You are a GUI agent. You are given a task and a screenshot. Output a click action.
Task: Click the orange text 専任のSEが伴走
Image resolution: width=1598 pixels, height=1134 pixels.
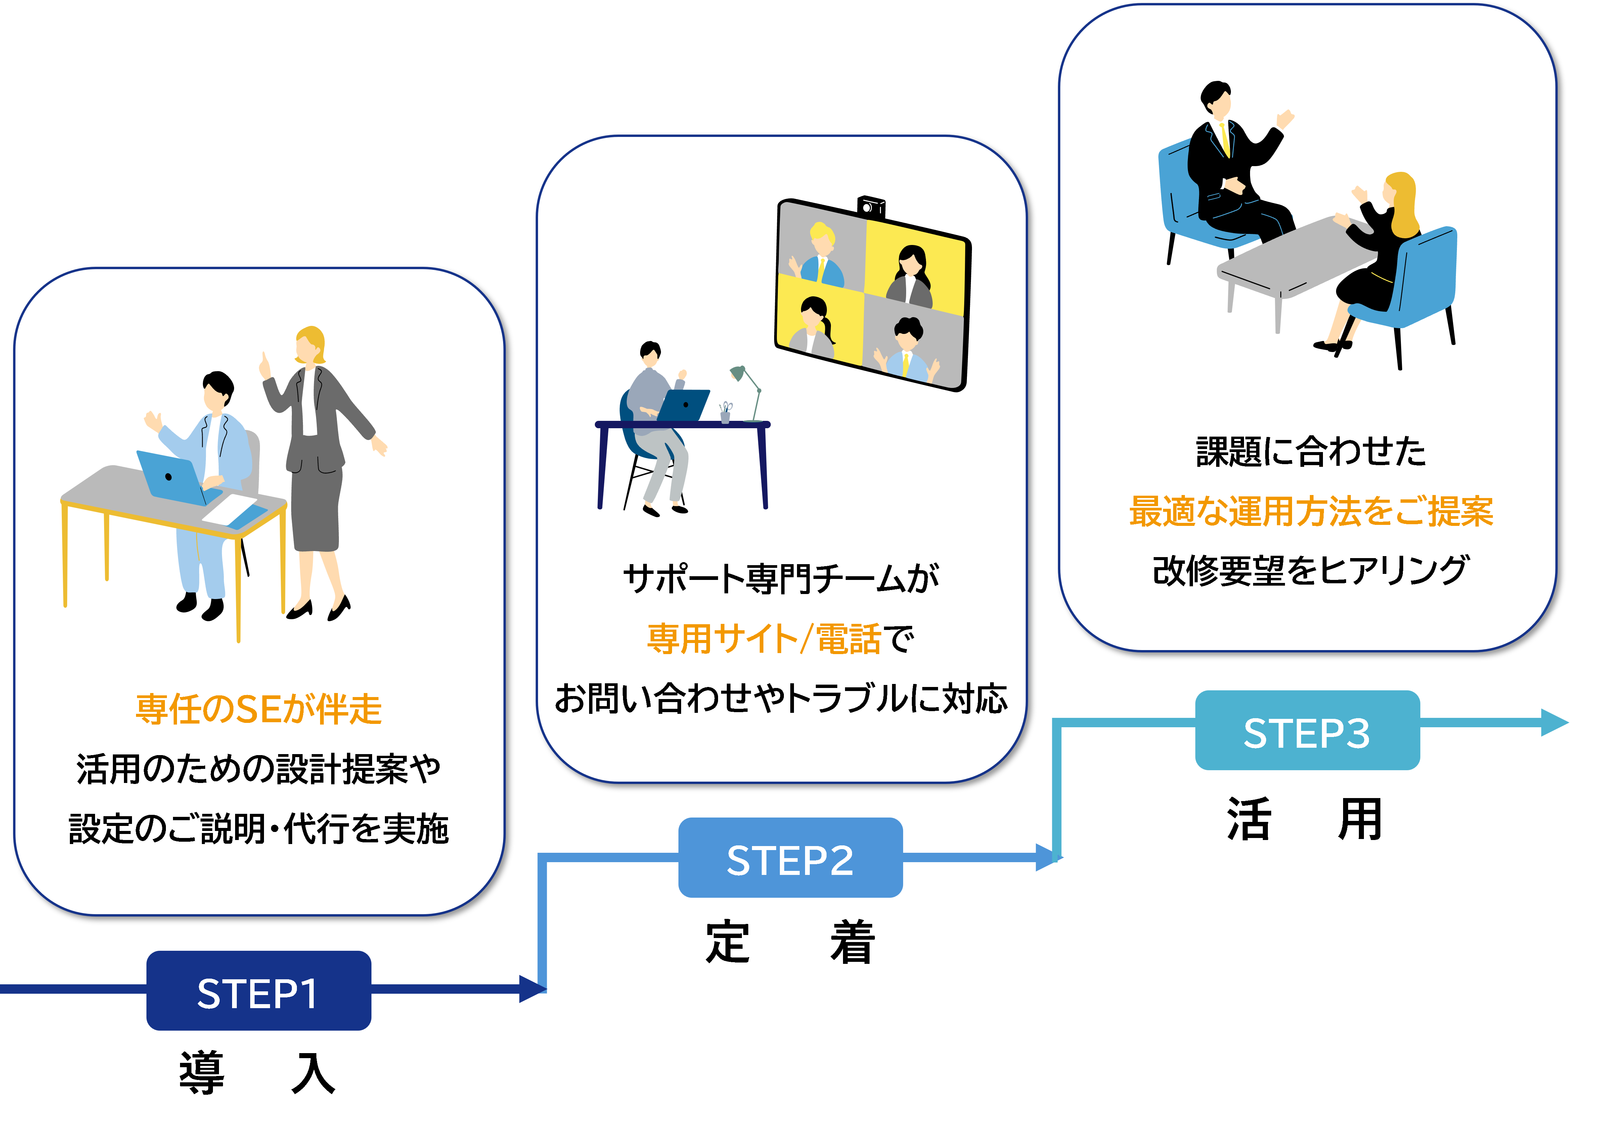pos(259,709)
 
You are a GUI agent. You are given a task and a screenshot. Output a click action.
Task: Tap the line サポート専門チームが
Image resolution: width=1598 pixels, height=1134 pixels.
pos(781,579)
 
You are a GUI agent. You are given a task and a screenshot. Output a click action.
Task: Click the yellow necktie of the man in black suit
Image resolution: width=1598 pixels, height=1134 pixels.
pos(1224,140)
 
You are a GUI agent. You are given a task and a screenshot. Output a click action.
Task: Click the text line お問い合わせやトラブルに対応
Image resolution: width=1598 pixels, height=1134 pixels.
pos(781,698)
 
